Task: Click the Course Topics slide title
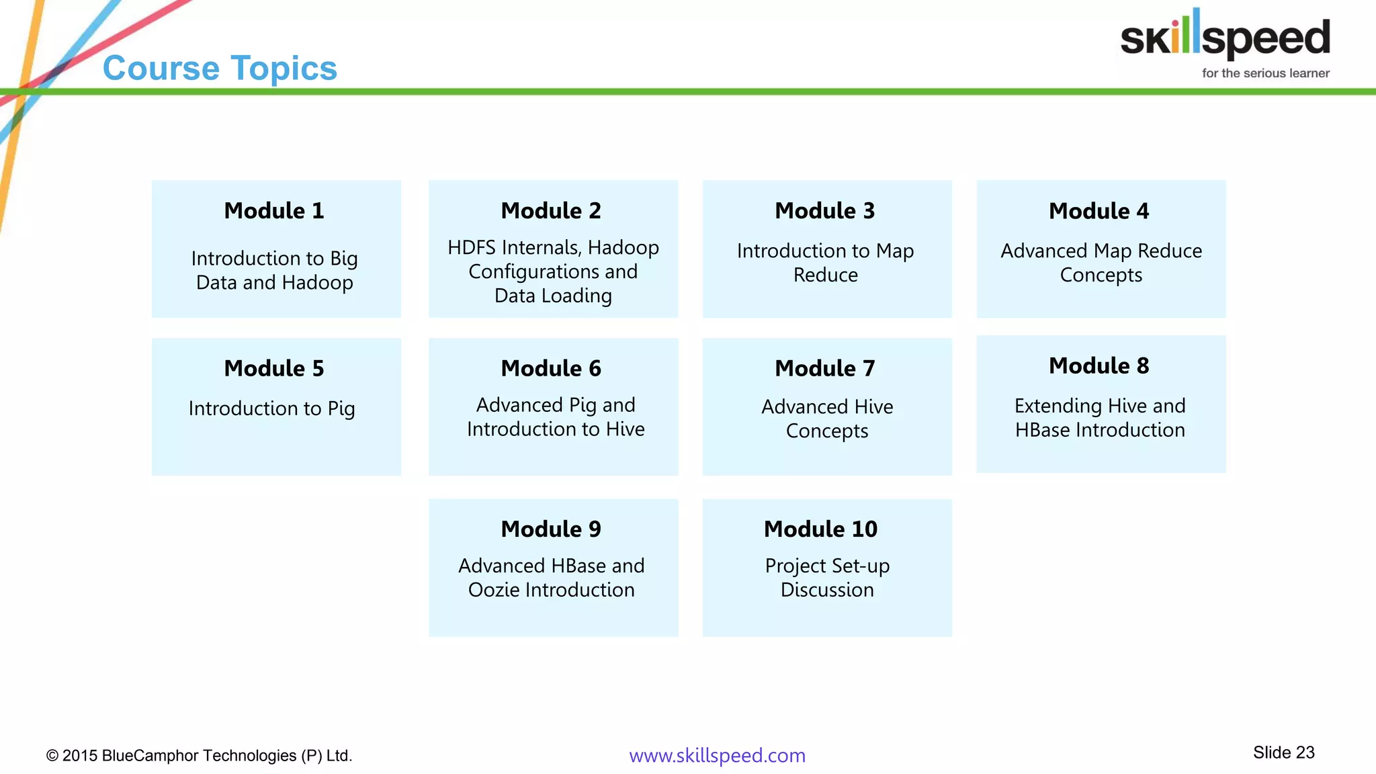coord(220,69)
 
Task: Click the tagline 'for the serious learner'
coord(1265,73)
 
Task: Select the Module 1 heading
coord(274,211)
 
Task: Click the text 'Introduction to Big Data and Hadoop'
coord(274,270)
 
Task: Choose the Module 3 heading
coord(824,211)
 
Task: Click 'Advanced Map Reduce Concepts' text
coord(1101,263)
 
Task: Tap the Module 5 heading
coord(274,369)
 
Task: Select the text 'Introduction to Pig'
coord(271,408)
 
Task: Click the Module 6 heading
coord(551,369)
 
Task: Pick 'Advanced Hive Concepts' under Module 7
coord(826,419)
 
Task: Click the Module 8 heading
coord(1099,366)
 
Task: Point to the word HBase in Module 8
coord(1042,431)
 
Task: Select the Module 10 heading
coord(820,529)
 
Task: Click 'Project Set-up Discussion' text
coord(826,578)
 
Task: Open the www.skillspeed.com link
coord(717,756)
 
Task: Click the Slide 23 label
coord(1283,752)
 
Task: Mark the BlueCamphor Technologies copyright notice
coord(199,756)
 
